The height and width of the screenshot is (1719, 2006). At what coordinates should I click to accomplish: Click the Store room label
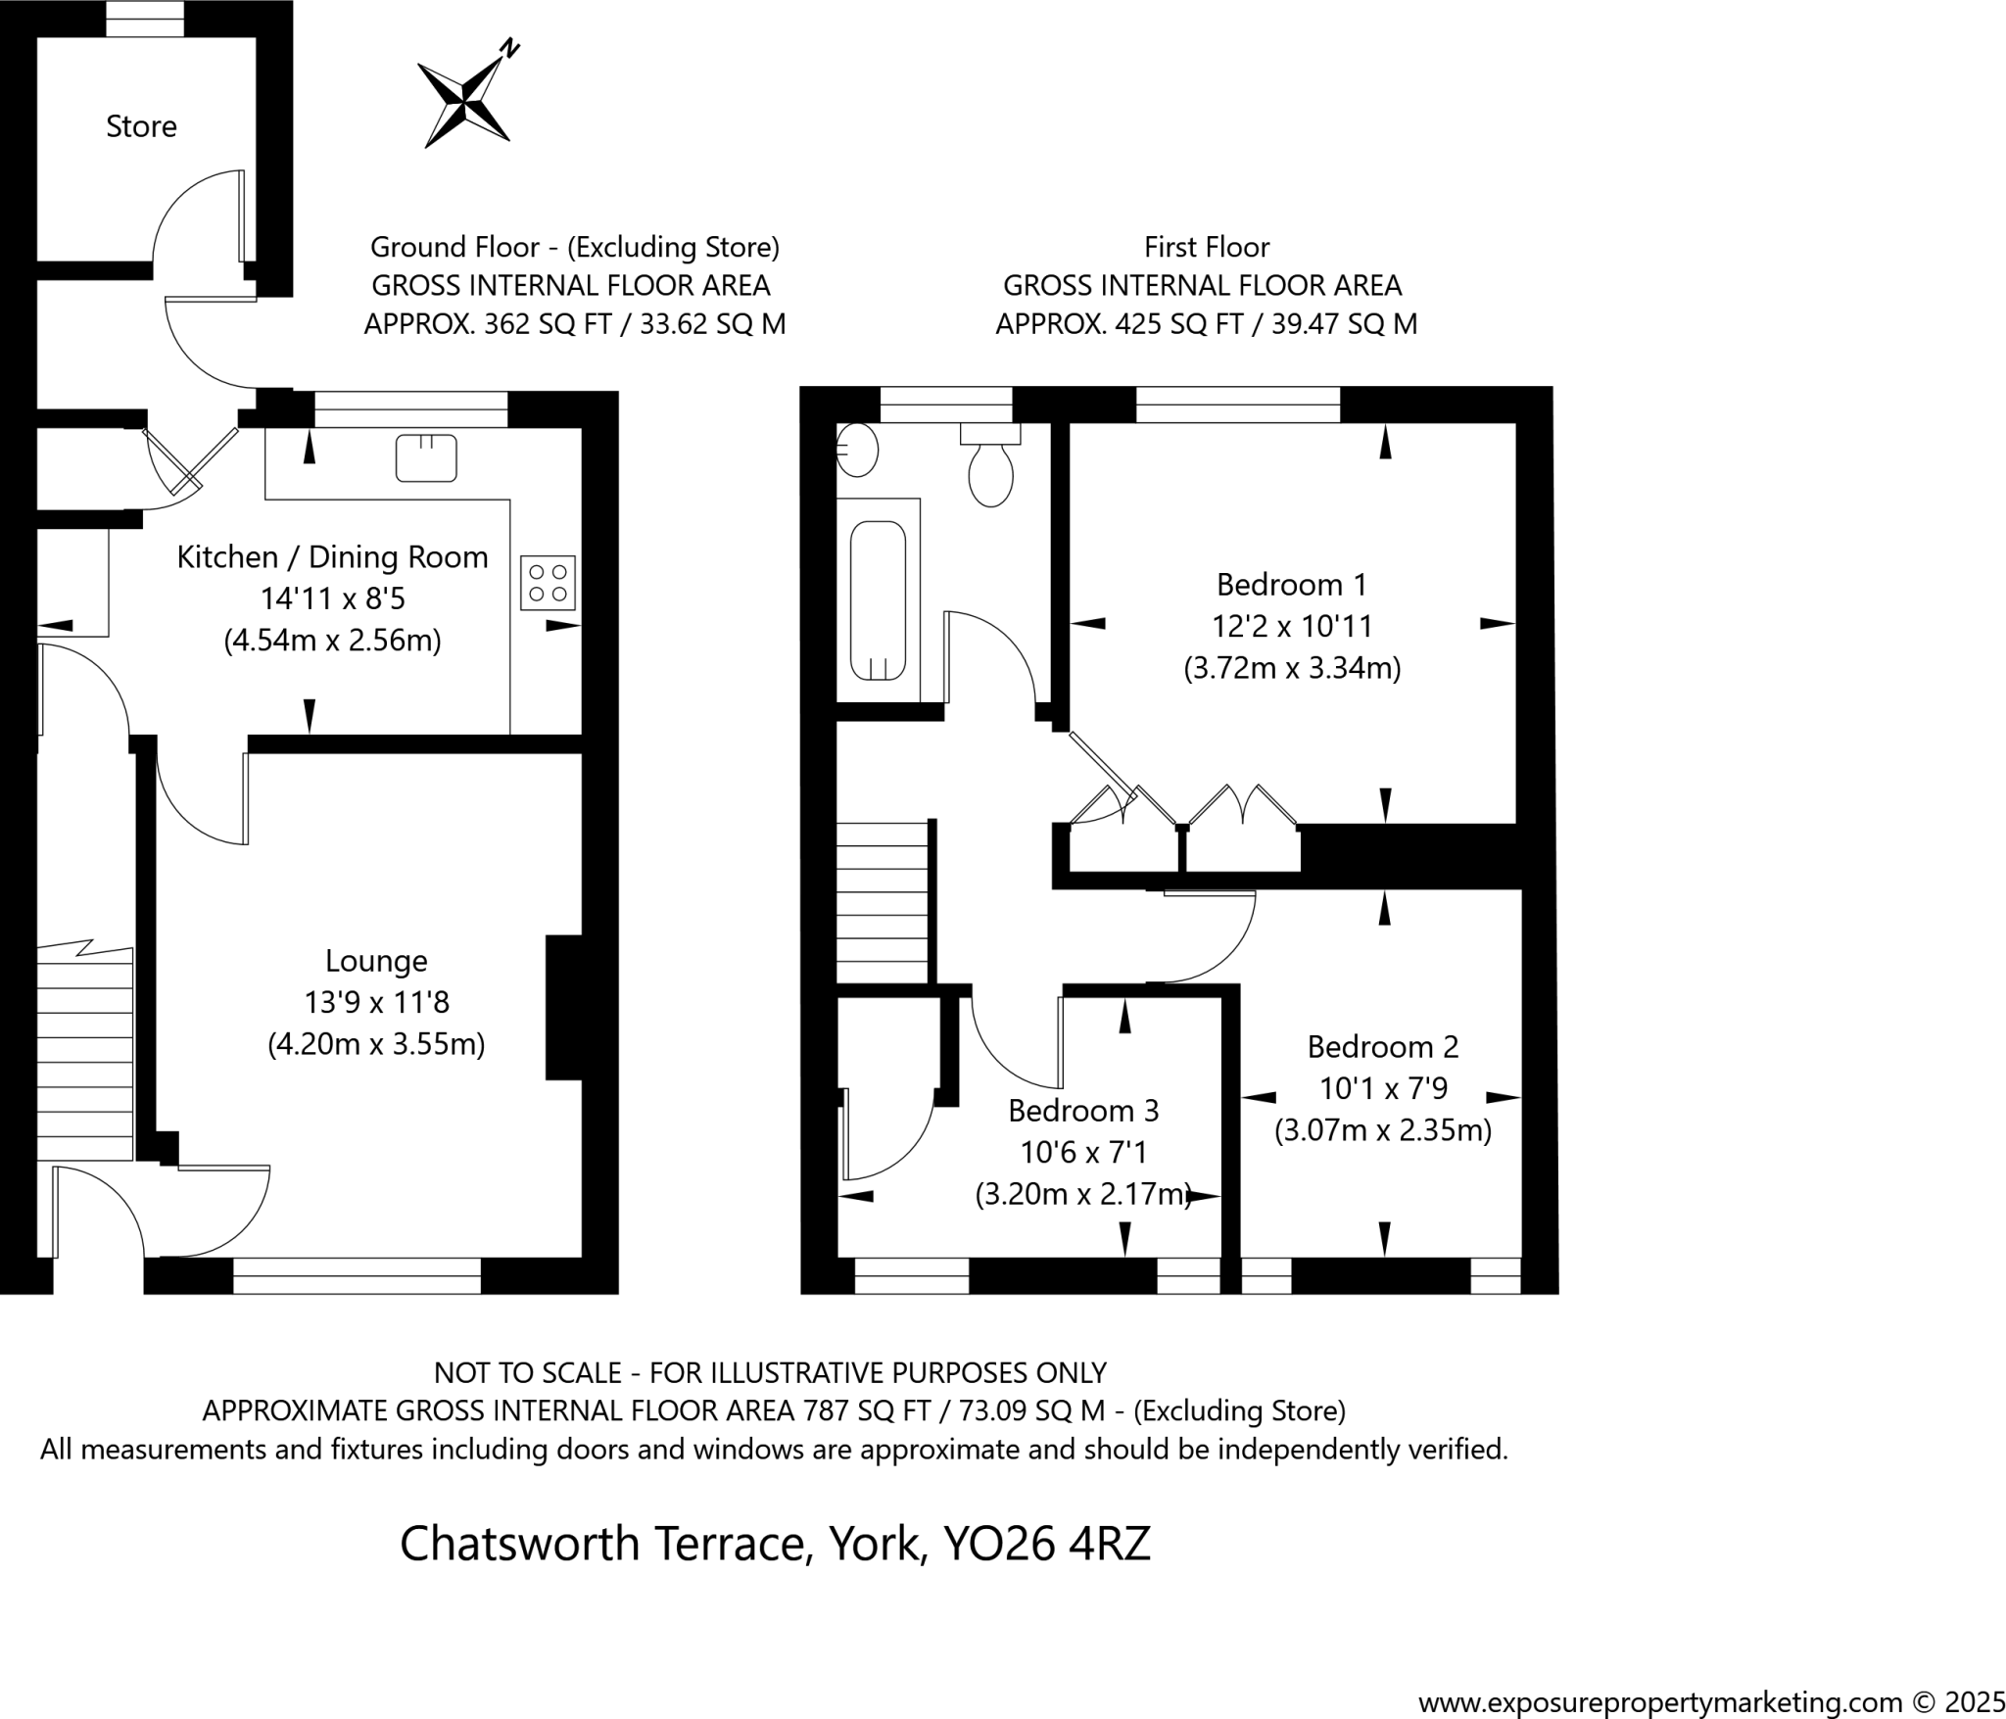pyautogui.click(x=141, y=126)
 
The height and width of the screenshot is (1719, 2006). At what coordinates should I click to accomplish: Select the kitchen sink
pyautogui.click(x=426, y=457)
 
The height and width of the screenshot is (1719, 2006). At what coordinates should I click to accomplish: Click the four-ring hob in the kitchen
pyautogui.click(x=548, y=583)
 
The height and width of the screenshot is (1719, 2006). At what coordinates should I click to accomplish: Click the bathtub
pyautogui.click(x=878, y=600)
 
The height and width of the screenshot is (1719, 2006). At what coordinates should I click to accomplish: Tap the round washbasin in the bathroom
pyautogui.click(x=857, y=451)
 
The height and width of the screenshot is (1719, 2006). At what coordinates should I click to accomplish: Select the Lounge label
pyautogui.click(x=376, y=961)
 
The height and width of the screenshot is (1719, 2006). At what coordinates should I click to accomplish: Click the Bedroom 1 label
pyautogui.click(x=1291, y=585)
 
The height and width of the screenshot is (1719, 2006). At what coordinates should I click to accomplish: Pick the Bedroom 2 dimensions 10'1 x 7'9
pyautogui.click(x=1383, y=1088)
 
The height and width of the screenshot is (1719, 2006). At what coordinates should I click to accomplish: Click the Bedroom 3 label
pyautogui.click(x=1083, y=1111)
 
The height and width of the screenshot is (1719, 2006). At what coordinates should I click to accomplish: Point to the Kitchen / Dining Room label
pyautogui.click(x=332, y=557)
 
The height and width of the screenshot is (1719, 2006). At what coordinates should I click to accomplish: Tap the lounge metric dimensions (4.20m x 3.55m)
pyautogui.click(x=376, y=1044)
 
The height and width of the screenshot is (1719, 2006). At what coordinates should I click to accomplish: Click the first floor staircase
pyautogui.click(x=882, y=901)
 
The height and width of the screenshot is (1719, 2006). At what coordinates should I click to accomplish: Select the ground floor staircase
pyautogui.click(x=85, y=1053)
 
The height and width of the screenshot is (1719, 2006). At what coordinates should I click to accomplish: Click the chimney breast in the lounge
pyautogui.click(x=564, y=1007)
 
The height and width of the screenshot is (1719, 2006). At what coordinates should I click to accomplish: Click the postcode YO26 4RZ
pyautogui.click(x=1046, y=1544)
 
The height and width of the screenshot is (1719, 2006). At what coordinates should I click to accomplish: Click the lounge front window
pyautogui.click(x=357, y=1275)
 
